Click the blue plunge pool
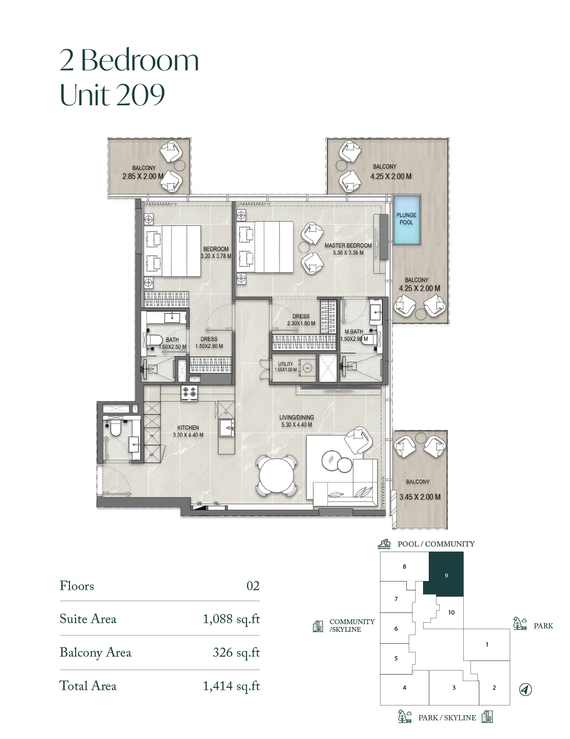tap(406, 219)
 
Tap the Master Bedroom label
tap(348, 245)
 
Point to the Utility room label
tap(286, 364)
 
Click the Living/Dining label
tap(296, 417)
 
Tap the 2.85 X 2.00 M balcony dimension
tap(143, 177)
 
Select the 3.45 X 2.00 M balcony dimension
tap(420, 497)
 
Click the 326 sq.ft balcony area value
tap(236, 652)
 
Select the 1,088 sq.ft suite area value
tap(231, 619)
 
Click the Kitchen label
tap(188, 427)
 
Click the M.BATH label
tap(354, 331)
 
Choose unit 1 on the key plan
tap(487, 644)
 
